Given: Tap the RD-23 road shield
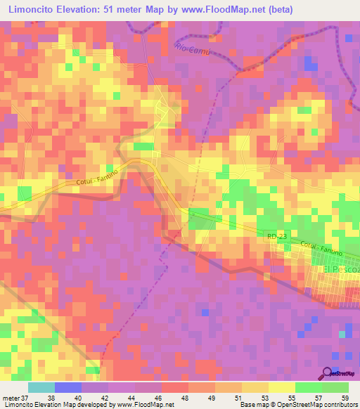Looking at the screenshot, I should pyautogui.click(x=276, y=239).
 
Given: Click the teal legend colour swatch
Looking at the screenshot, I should pyautogui.click(x=41, y=387).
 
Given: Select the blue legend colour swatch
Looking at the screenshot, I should pyautogui.click(x=68, y=387).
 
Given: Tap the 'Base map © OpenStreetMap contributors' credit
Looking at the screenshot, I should pyautogui.click(x=298, y=405).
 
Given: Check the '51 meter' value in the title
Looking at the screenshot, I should pyautogui.click(x=124, y=9).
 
